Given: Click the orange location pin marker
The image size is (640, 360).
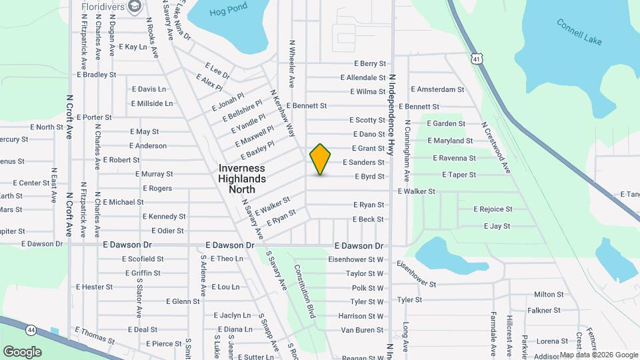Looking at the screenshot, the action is pos(321,159).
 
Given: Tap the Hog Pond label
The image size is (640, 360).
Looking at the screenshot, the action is pos(228,9).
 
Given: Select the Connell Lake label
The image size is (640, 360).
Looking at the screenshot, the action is pos(579,31).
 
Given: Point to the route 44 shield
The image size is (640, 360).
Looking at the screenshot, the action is pos(31,329).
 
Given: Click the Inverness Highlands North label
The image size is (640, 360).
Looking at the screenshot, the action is pos(242,179).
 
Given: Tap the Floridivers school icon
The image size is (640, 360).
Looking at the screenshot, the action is pos(136,7).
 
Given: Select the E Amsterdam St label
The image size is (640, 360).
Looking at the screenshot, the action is pos(437,89).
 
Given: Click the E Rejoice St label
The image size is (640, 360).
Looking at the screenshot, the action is pos(493,209).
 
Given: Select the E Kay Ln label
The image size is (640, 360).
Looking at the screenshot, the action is pos(132,47).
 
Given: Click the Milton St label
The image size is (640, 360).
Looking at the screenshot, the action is pos(549,294).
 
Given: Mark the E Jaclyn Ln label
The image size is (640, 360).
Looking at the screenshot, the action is pos(233,315).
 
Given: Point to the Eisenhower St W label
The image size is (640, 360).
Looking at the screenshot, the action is pos(357,259).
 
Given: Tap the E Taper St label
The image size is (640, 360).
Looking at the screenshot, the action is pos(459,175).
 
